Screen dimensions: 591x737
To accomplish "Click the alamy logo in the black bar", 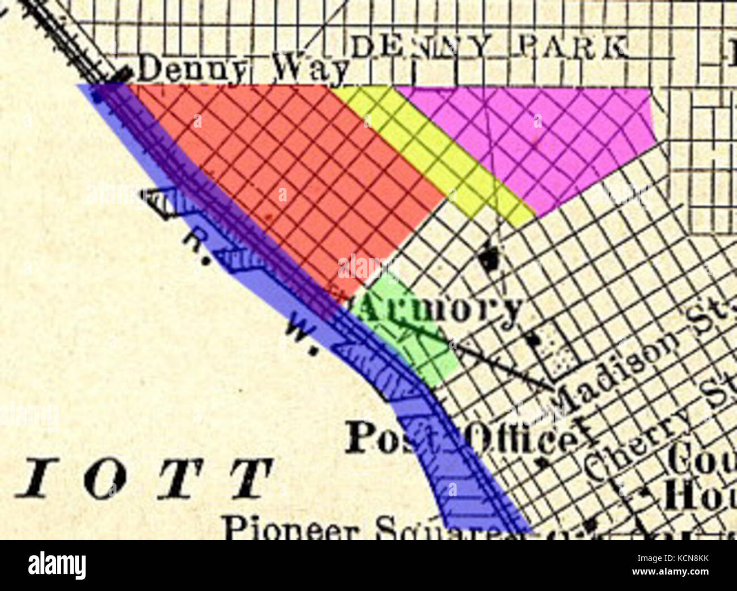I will pyautogui.click(x=57, y=565).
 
